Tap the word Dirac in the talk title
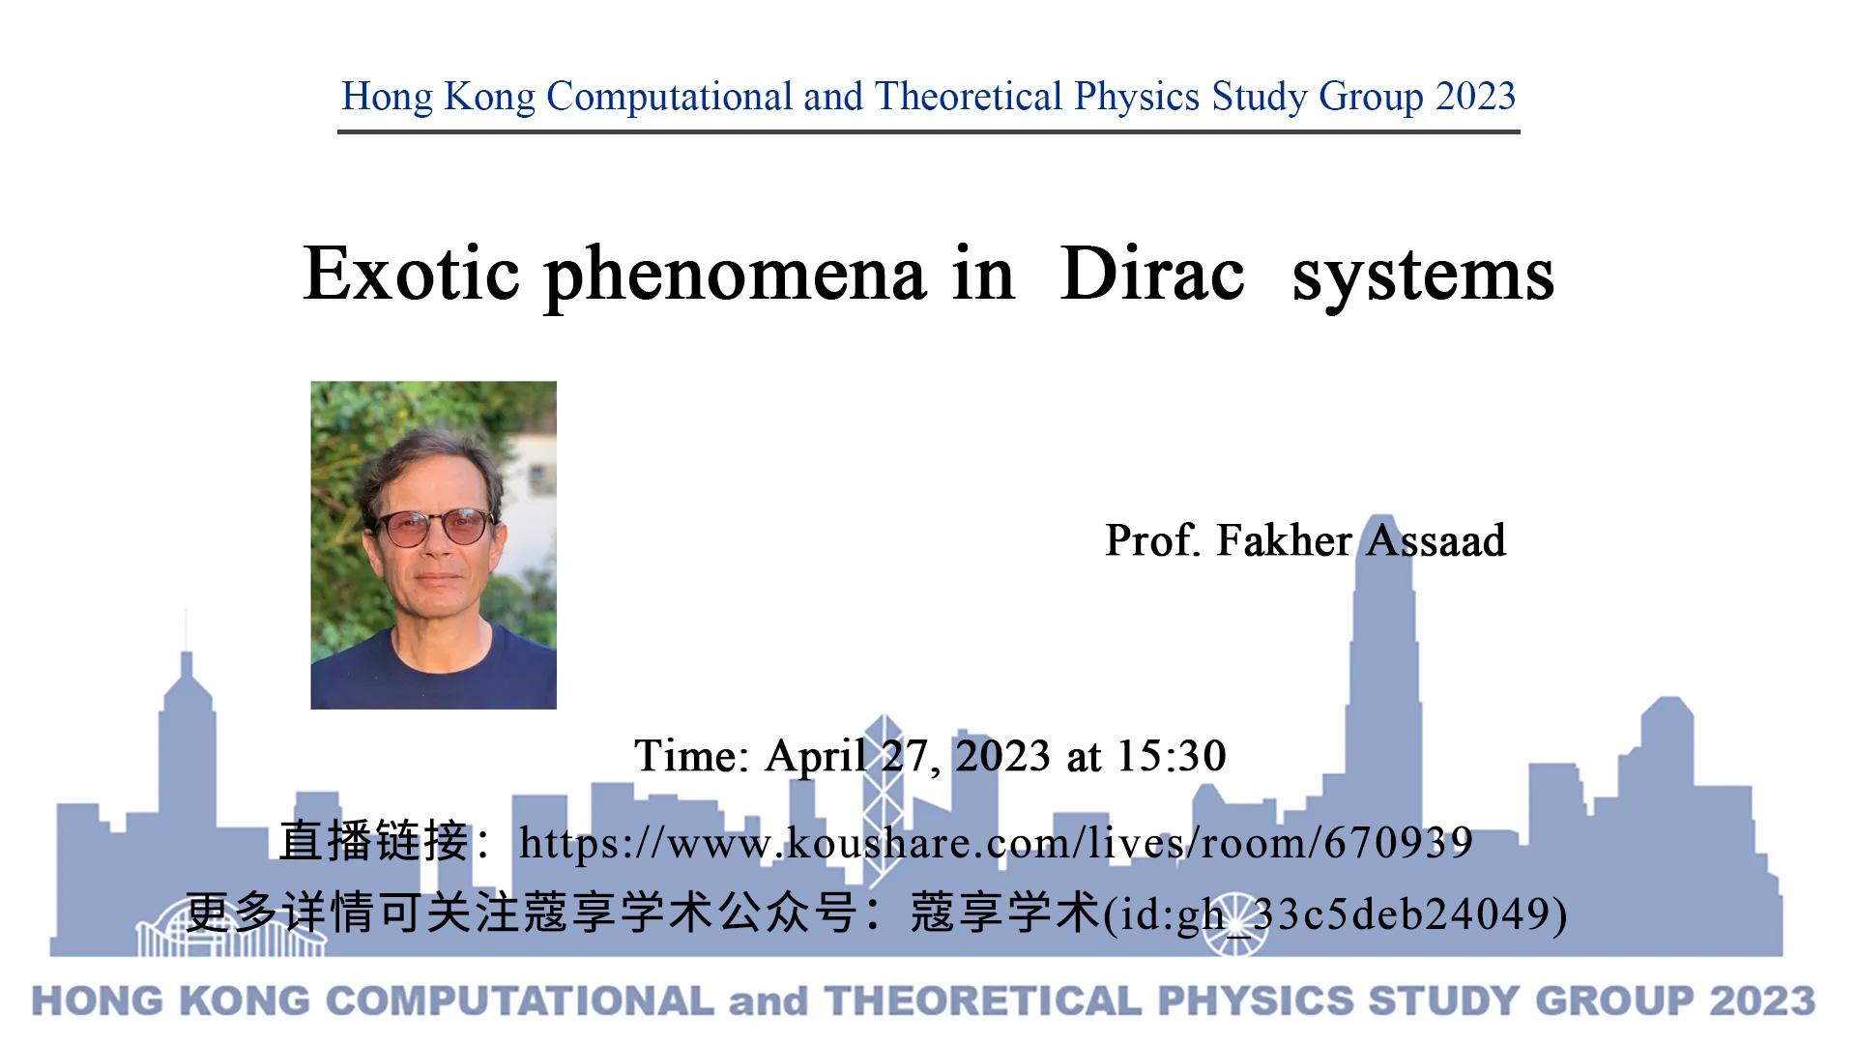1151,275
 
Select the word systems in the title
1422,276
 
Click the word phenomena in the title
735,276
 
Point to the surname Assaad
1435,540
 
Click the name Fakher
1284,540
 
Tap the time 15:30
1171,755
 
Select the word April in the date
815,755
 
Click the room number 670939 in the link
1398,843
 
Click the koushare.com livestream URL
995,843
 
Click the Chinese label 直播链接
374,841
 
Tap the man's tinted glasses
434,528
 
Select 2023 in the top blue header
1475,97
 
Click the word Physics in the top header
1137,97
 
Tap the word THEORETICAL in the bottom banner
982,1001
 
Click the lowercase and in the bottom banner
768,1001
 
